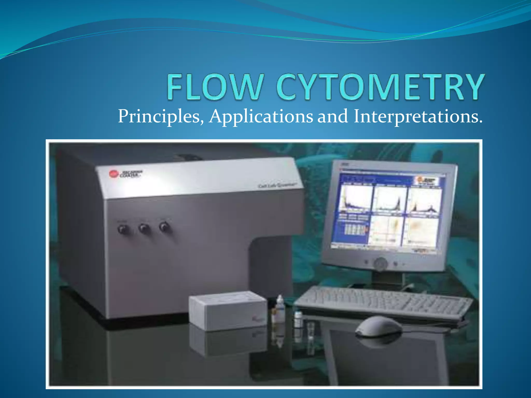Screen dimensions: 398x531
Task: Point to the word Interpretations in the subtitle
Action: click(417, 117)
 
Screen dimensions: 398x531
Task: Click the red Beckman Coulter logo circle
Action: click(114, 174)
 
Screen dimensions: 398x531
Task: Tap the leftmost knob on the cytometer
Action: click(123, 229)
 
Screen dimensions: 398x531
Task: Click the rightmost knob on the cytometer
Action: click(164, 227)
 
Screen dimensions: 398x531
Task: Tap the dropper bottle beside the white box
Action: click(280, 308)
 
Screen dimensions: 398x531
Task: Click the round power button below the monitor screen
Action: click(380, 264)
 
